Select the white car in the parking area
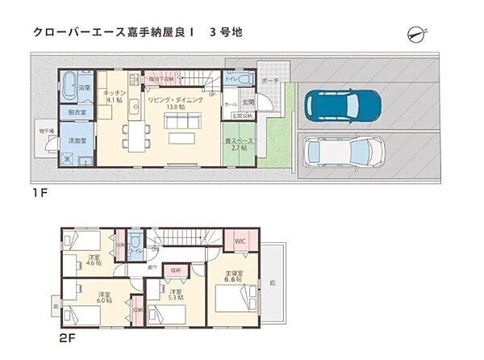pos(342,151)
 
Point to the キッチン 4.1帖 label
pos(114,98)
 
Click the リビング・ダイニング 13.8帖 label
pos(173,103)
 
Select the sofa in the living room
pos(183,121)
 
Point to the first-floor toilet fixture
pos(246,79)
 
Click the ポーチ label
pos(269,81)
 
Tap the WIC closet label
pos(240,241)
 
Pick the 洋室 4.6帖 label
pos(94,260)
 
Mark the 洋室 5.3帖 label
pos(175,295)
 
